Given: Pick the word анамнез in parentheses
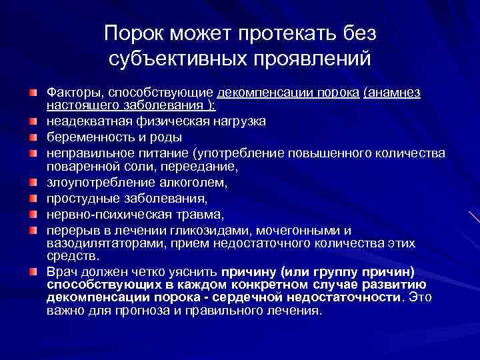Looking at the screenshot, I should click(x=395, y=91).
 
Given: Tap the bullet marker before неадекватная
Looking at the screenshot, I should click(x=32, y=121).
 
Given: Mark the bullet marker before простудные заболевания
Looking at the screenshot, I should click(x=32, y=198).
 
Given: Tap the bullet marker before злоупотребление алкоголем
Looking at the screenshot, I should click(x=32, y=182).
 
